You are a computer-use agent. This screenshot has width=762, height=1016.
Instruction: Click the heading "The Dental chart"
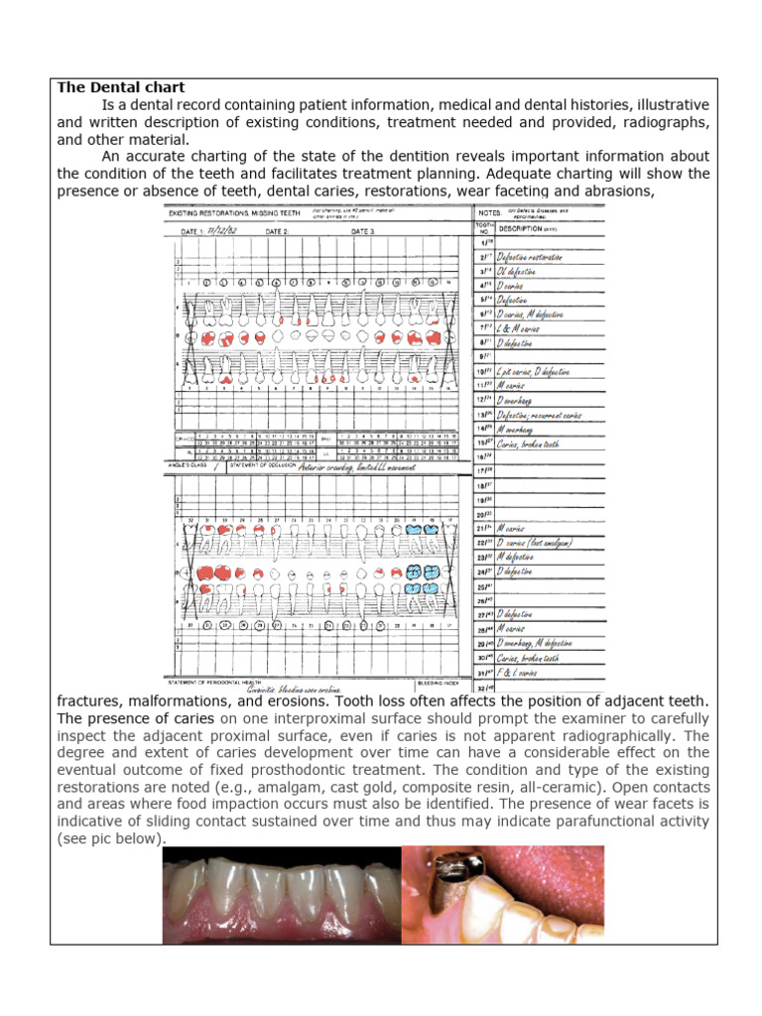[x=121, y=88]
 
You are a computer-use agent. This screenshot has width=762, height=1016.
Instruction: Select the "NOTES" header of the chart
[x=488, y=211]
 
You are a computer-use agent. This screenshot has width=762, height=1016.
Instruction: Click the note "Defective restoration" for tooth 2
[x=530, y=256]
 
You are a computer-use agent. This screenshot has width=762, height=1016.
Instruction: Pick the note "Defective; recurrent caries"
[x=540, y=415]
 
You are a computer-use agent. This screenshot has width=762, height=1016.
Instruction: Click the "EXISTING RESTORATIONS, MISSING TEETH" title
[x=235, y=212]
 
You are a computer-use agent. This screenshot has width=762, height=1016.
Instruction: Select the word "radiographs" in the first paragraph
[x=664, y=122]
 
